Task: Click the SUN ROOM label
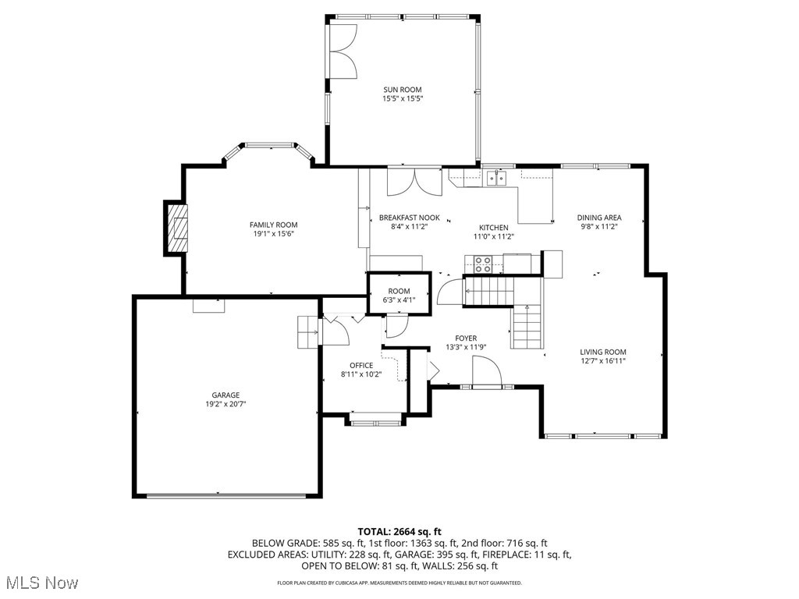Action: point(402,90)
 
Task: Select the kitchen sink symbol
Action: point(495,179)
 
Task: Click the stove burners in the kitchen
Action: point(483,264)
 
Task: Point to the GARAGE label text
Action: point(226,395)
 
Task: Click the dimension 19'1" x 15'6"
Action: point(273,234)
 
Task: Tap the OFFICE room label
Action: point(361,365)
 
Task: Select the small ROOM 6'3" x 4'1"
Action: point(399,294)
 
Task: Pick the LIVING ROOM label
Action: point(603,352)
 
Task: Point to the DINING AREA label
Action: point(598,218)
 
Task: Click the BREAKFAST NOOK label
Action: point(409,218)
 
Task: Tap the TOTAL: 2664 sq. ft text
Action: point(399,531)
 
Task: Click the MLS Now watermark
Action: point(41,583)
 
